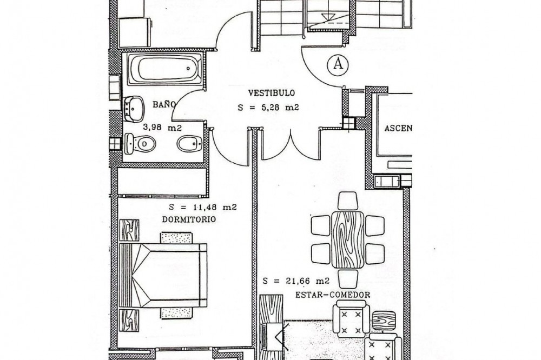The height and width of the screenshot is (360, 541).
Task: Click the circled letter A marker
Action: pos(338,64)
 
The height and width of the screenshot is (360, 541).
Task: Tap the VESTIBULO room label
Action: pos(272,93)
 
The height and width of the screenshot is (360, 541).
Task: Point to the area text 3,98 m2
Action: pos(162,128)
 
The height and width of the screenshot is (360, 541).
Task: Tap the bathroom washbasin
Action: pos(134,109)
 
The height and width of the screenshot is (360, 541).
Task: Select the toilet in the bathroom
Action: pos(140,144)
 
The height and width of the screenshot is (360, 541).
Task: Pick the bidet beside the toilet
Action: pos(189,143)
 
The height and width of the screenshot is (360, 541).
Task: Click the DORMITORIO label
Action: pos(189,219)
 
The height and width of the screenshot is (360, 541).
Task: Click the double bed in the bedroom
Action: pos(163,275)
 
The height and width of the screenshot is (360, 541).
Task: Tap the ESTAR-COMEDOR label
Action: pos(333,295)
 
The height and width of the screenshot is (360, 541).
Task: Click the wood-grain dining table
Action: pos(348,239)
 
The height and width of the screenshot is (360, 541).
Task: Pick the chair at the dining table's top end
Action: pos(348,201)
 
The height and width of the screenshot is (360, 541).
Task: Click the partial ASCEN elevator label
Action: pos(398,128)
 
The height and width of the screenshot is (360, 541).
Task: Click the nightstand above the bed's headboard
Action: pos(129,230)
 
